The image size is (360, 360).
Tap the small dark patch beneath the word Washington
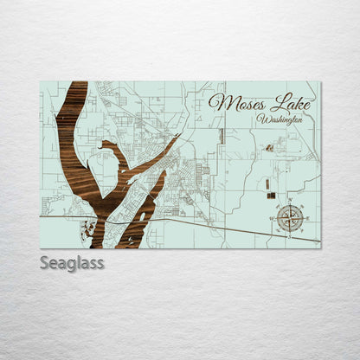(269, 148)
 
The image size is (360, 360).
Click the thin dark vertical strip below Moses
(222, 136)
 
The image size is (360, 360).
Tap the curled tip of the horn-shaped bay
(104, 147)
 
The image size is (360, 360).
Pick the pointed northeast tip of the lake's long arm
(177, 137)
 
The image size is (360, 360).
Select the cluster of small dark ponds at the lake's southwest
(87, 228)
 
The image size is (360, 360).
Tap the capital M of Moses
(216, 102)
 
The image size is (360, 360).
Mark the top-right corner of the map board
(319, 82)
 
